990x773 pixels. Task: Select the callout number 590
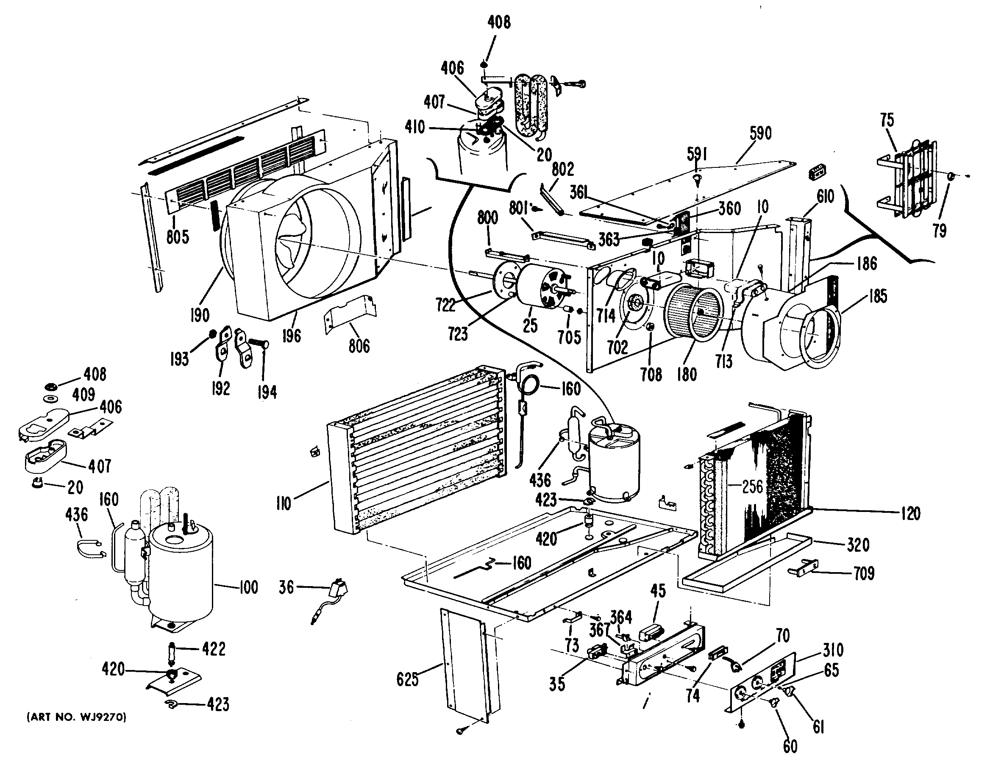click(760, 133)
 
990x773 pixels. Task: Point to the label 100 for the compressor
click(248, 587)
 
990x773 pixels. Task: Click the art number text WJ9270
click(77, 717)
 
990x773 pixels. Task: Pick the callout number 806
click(359, 346)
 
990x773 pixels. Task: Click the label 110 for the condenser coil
click(284, 503)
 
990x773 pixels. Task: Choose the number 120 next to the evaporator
click(910, 514)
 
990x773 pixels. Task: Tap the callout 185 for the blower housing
click(878, 297)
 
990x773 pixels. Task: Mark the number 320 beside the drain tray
click(858, 545)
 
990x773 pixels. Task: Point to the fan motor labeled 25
click(539, 290)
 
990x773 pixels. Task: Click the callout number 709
click(864, 573)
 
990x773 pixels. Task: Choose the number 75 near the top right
click(887, 120)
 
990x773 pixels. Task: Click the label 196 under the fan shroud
click(291, 336)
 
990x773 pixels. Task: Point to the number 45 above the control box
click(658, 591)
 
